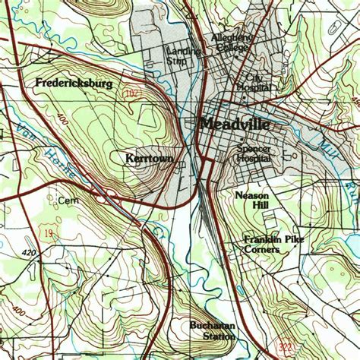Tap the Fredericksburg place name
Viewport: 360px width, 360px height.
point(73,82)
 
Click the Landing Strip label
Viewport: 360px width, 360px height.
point(183,56)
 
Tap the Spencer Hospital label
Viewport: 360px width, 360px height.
point(254,154)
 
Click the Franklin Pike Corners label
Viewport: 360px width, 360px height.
point(262,244)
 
